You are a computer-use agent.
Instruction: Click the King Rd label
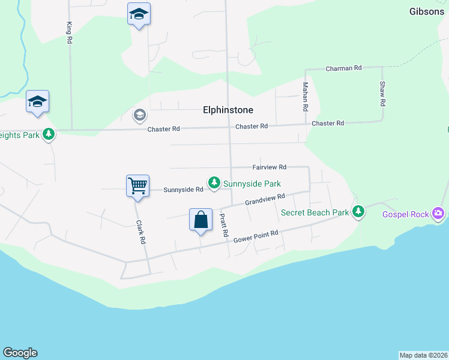point(70,33)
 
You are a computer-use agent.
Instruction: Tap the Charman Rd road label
point(343,68)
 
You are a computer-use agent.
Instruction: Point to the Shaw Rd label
point(382,94)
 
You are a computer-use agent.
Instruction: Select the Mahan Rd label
point(306,97)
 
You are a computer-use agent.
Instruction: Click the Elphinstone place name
point(228,110)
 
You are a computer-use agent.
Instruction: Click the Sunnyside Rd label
point(184,190)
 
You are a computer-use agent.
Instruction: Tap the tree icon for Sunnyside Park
point(213,181)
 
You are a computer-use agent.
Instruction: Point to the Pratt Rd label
point(224,224)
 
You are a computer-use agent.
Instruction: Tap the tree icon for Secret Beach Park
point(358,211)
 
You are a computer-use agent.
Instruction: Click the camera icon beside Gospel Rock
point(438,213)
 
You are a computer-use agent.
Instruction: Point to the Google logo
point(20,353)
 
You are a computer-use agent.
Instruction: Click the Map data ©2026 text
point(423,355)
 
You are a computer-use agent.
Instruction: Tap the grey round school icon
point(140,114)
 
